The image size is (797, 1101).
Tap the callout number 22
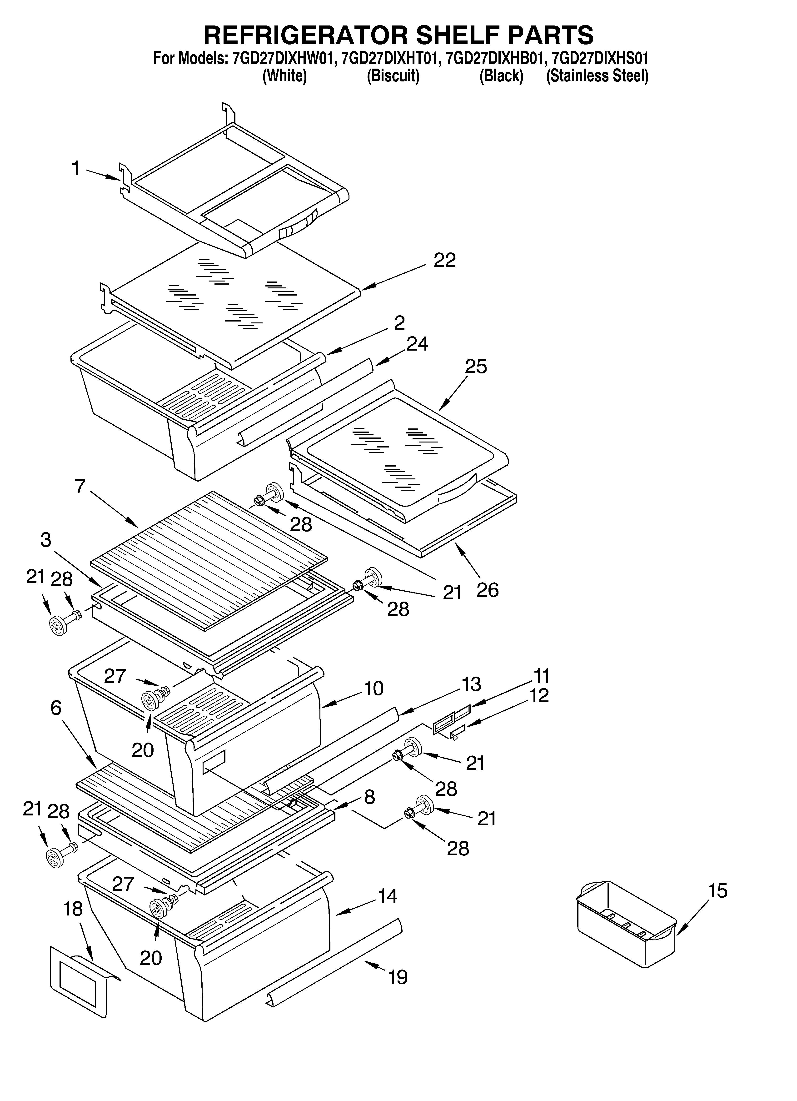445,261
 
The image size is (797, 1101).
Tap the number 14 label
387,896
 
